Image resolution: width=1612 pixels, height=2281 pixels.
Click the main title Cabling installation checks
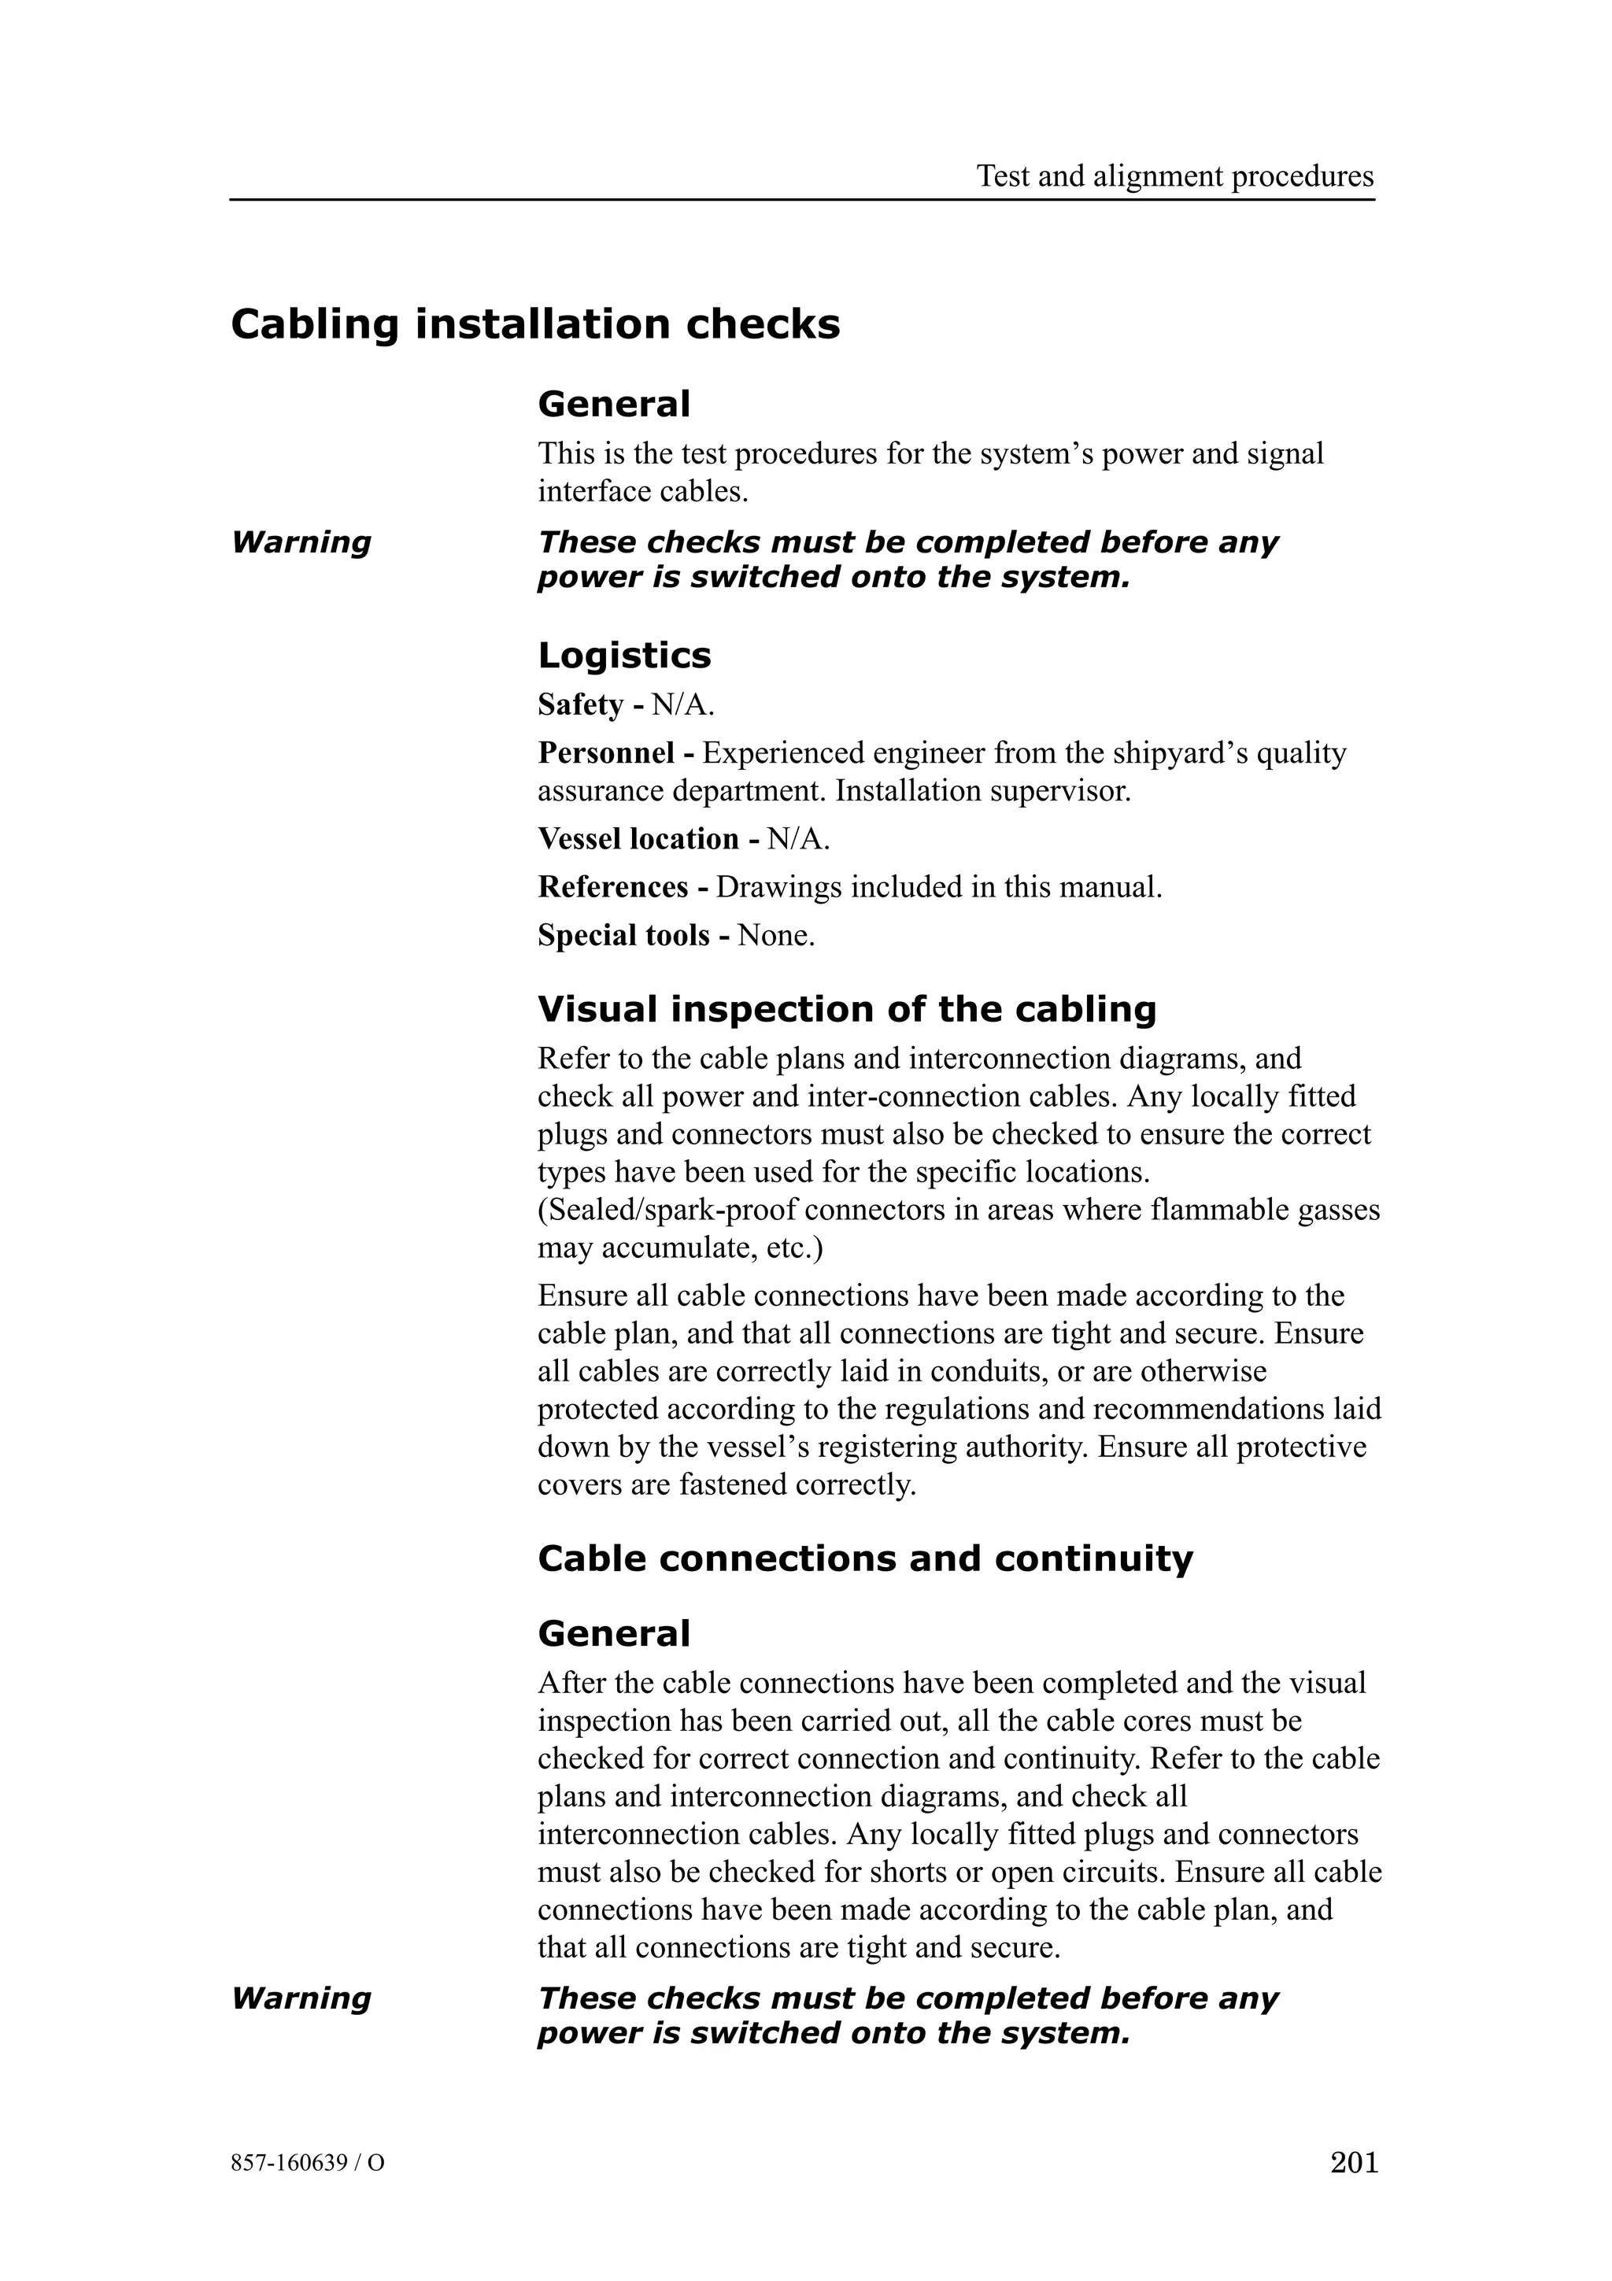click(x=535, y=325)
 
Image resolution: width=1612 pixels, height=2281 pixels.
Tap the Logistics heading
click(x=623, y=656)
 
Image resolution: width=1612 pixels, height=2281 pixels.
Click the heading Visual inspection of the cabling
click(x=846, y=1009)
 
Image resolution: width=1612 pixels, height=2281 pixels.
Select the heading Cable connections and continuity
click(x=864, y=1558)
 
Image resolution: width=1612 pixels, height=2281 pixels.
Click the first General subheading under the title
click(x=613, y=405)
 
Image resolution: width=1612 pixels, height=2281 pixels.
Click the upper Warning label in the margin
click(x=301, y=542)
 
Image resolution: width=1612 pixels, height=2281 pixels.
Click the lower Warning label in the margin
click(x=301, y=1998)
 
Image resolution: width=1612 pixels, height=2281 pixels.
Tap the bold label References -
click(x=622, y=887)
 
